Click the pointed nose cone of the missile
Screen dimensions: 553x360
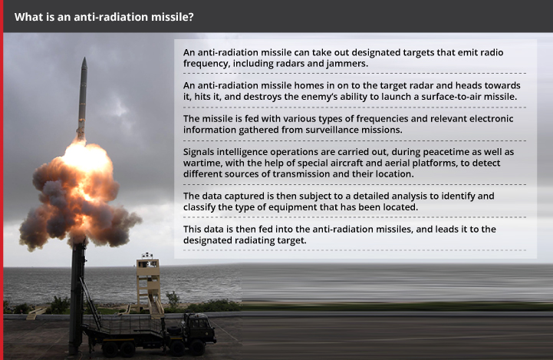(84, 64)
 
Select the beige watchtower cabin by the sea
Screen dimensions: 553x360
(148, 263)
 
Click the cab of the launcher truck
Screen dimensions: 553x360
(199, 326)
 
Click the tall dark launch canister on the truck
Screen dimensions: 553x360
(77, 296)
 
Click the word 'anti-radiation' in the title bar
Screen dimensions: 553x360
(110, 17)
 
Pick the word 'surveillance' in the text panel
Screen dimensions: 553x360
(333, 130)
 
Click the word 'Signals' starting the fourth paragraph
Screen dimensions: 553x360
(198, 153)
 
